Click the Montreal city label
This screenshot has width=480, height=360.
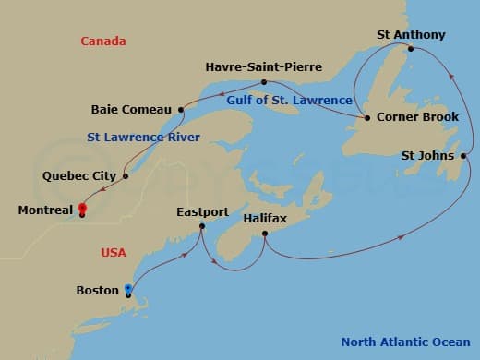(x=45, y=210)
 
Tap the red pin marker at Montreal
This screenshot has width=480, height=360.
(x=82, y=209)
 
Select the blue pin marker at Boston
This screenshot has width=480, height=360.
(x=127, y=291)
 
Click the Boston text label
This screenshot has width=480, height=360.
(x=97, y=291)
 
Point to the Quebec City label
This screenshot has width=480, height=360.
(x=79, y=175)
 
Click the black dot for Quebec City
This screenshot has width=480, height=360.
(x=125, y=175)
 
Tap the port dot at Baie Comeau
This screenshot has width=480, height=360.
(x=181, y=110)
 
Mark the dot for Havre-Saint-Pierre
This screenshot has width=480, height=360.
(x=265, y=82)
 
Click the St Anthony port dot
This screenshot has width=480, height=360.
(x=411, y=49)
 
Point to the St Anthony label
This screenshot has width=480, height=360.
(x=411, y=35)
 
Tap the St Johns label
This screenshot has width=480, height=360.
(x=427, y=155)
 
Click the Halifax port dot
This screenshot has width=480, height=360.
(x=265, y=234)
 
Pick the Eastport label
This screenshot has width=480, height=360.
(x=202, y=212)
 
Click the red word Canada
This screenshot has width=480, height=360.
(x=103, y=42)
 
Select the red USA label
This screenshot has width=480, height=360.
(x=115, y=252)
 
